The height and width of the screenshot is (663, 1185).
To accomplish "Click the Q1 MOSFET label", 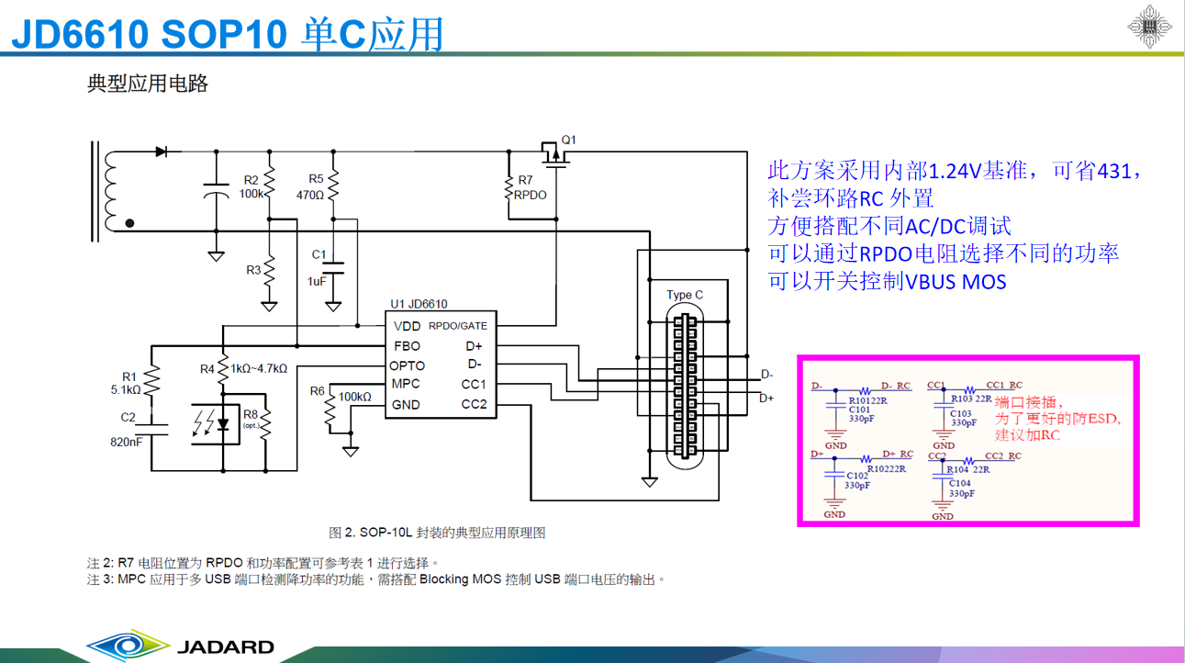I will [569, 140].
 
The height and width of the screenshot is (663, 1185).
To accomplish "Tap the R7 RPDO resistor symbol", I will [508, 188].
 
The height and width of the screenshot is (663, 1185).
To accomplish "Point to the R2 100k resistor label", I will [251, 187].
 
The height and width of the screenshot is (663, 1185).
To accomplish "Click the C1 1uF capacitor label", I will [318, 267].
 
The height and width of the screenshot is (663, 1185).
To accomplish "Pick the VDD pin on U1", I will [407, 326].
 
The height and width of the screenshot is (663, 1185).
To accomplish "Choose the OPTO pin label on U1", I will [407, 365].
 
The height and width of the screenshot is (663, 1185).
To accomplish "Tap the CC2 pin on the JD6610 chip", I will [474, 405].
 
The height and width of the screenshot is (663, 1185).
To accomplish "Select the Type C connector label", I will [685, 295].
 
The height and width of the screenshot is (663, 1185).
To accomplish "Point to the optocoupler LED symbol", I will [223, 422].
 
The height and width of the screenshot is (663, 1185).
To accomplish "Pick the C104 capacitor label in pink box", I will [960, 483].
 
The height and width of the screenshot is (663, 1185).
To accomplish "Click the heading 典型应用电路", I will [148, 84].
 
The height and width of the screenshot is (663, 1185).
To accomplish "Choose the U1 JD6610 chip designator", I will [419, 304].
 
